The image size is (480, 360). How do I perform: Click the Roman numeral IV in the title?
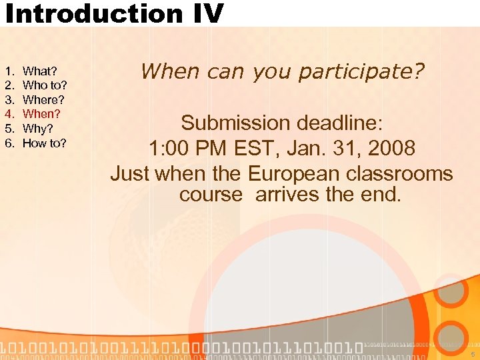click(203, 13)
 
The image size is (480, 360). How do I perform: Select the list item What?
click(40, 71)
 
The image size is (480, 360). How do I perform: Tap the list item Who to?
click(45, 85)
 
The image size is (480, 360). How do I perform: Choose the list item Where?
click(43, 100)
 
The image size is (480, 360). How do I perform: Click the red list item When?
click(41, 114)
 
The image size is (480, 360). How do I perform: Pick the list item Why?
click(38, 129)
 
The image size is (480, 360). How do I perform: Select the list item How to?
click(45, 143)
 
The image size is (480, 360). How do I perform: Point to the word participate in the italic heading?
click(361, 71)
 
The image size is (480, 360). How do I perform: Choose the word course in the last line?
click(211, 195)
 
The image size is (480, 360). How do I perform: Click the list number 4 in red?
click(9, 114)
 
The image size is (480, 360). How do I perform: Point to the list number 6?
click(9, 143)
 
